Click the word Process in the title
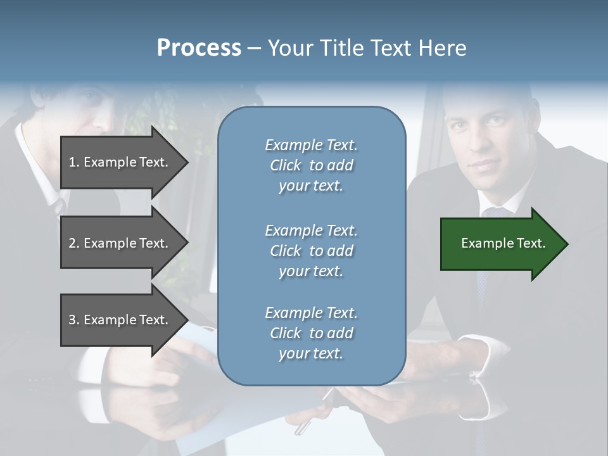pos(199,48)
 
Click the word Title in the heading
pos(346,48)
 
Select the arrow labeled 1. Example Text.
pos(120,162)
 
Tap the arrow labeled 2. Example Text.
pos(120,243)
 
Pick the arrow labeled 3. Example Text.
pos(120,320)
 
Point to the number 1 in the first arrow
pos(72,162)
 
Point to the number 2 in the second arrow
pos(72,243)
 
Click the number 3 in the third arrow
pos(72,320)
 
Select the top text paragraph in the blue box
pos(311,165)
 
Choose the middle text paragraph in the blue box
pos(311,251)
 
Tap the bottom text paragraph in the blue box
pos(311,333)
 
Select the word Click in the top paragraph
pos(285,165)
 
